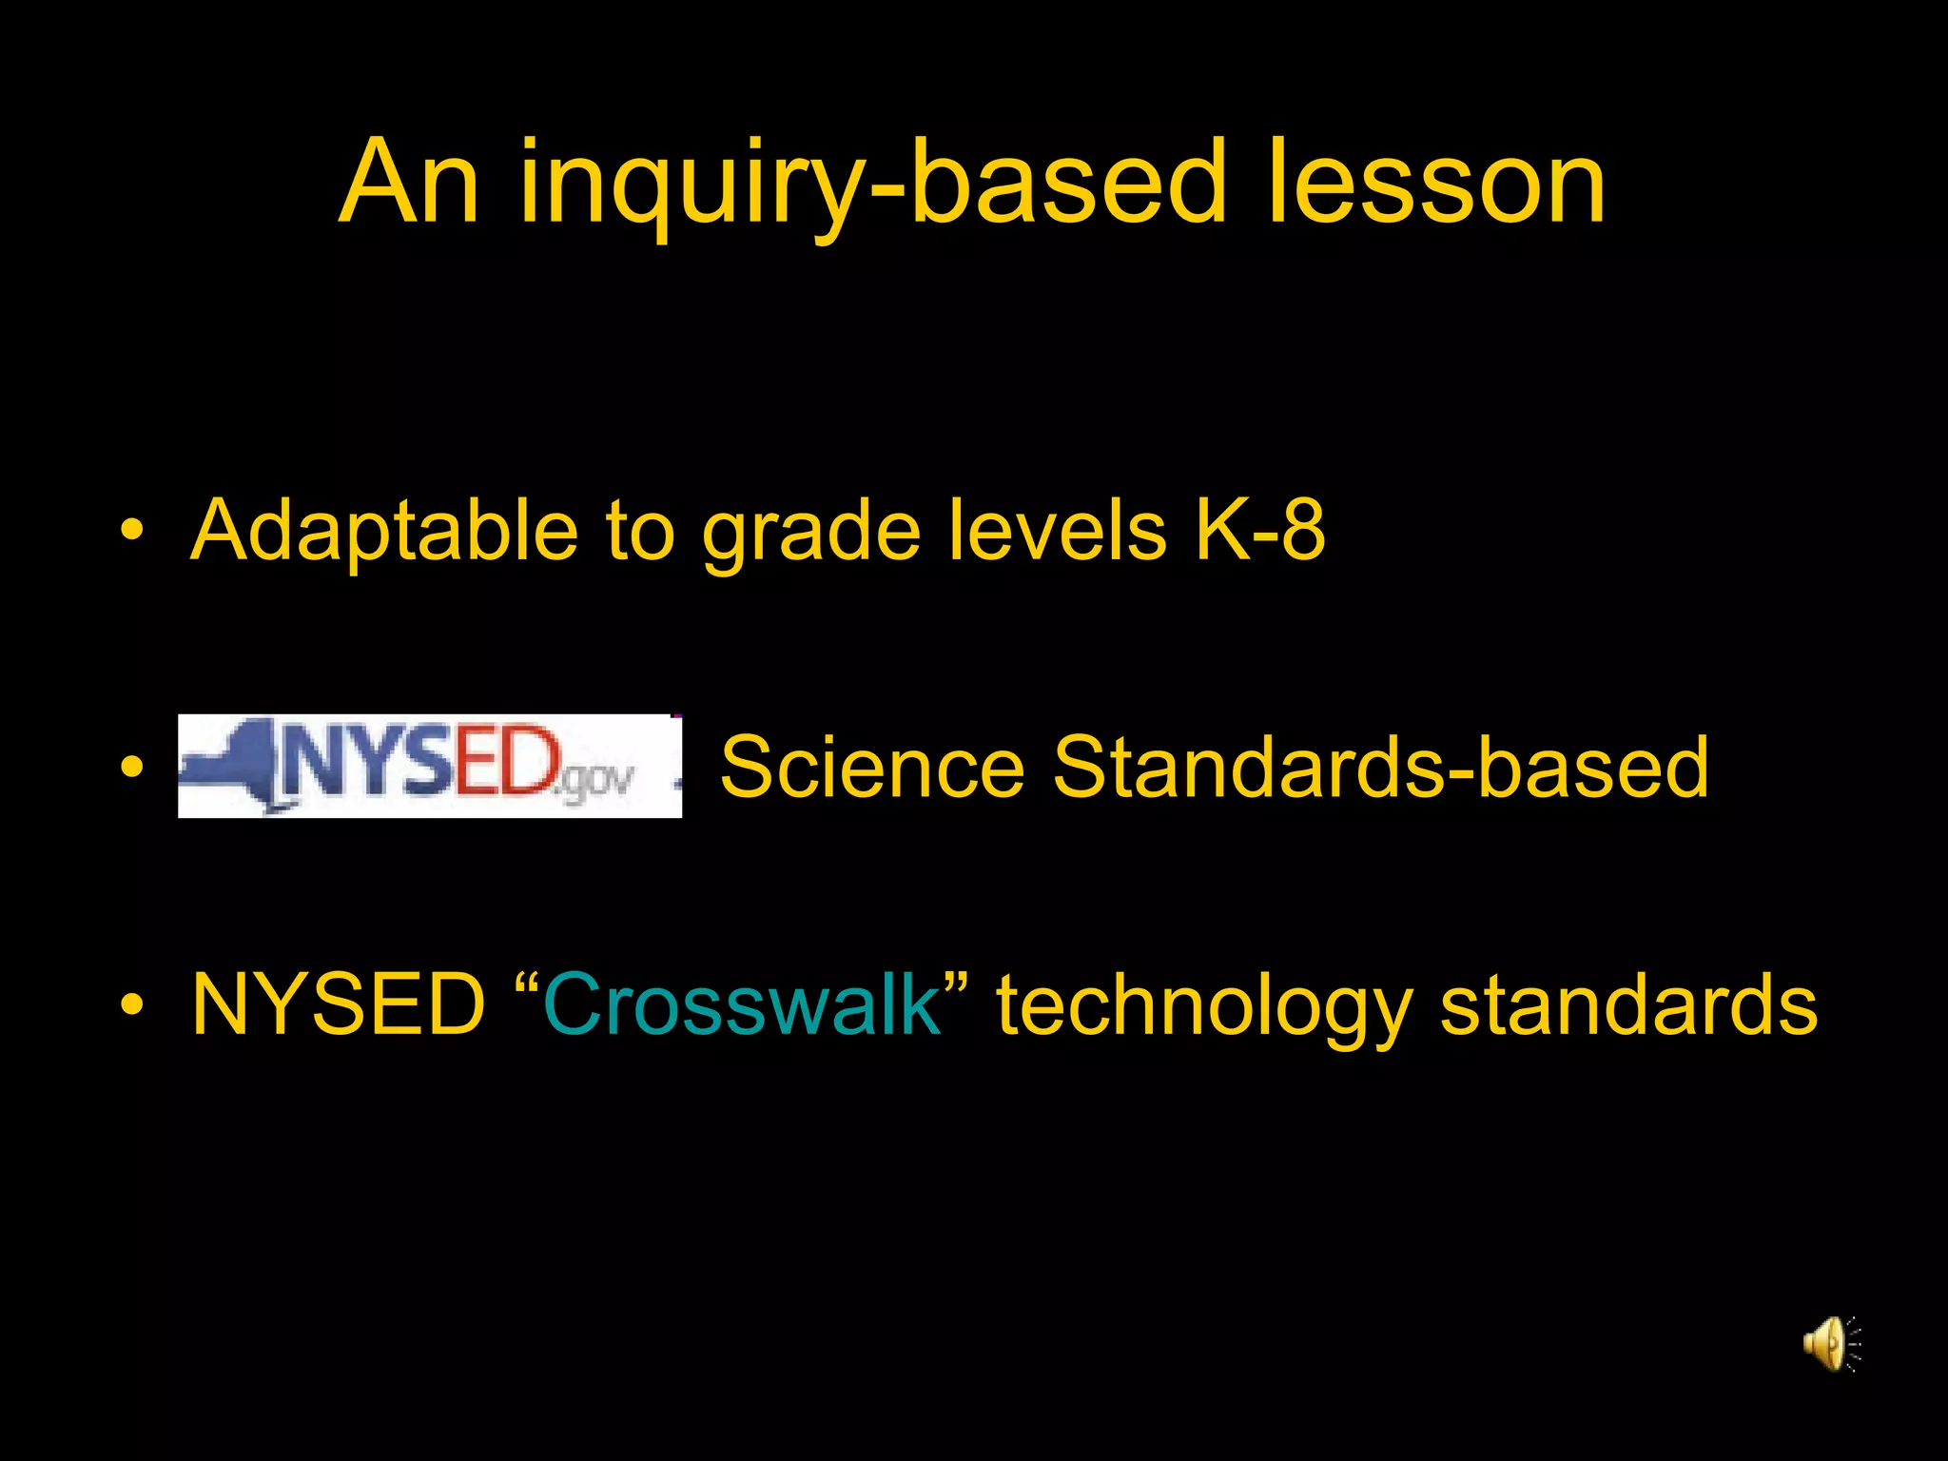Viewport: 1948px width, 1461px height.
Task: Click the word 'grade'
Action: [x=810, y=533]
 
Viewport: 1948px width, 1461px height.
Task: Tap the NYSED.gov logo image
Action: [x=430, y=766]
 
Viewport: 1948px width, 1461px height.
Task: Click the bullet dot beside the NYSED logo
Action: [x=132, y=767]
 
